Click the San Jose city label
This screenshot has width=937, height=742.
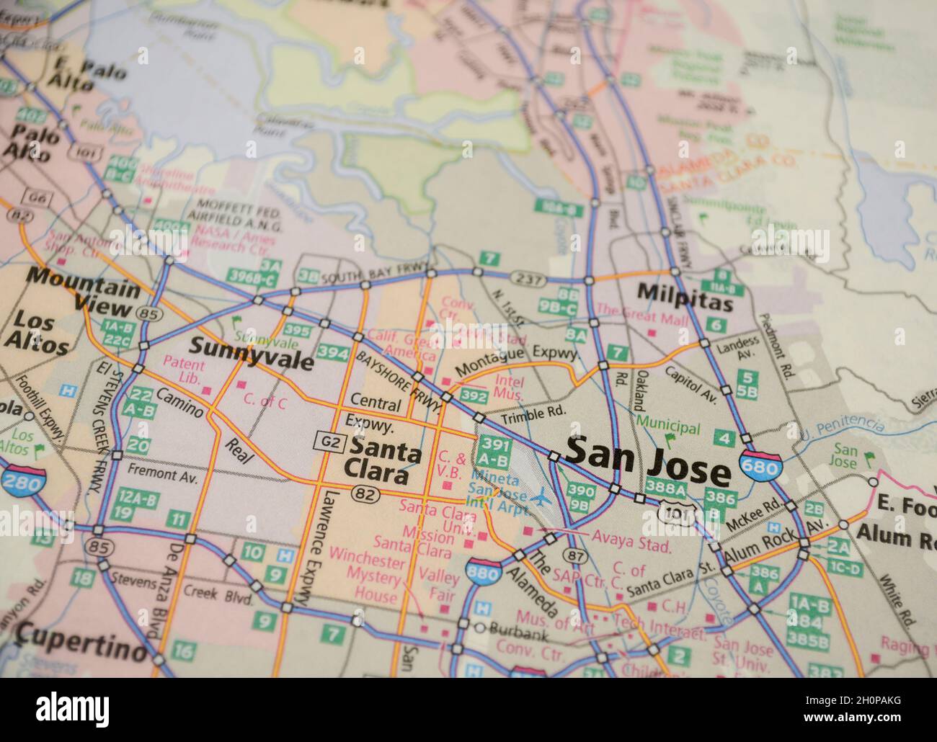647,461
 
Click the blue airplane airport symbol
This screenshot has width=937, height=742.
541,496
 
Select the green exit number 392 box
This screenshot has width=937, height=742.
474,395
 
